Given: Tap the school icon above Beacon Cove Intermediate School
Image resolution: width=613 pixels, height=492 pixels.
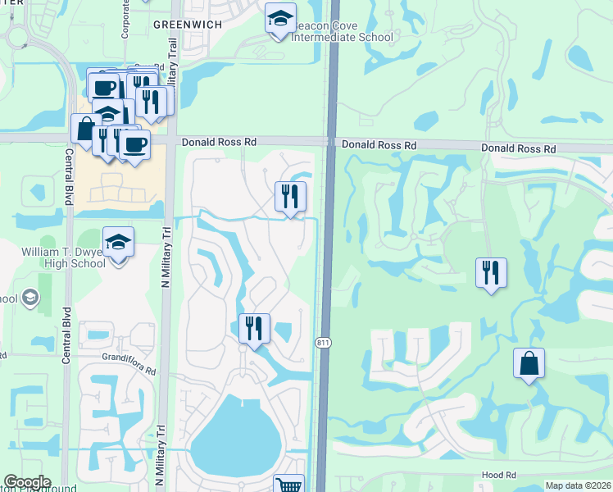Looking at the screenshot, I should [x=280, y=18].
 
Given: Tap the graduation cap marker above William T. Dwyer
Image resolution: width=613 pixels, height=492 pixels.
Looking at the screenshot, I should [x=119, y=242].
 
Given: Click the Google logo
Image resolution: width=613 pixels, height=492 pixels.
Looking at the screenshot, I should [x=27, y=482].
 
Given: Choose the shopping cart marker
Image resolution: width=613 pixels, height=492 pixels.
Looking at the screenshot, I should [x=288, y=485].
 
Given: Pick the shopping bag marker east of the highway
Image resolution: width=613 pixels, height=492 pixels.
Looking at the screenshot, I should [x=529, y=363].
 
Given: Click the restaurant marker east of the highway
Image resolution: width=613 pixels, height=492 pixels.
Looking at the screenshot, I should [x=491, y=273].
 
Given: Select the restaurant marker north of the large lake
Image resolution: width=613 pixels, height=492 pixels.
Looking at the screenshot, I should [x=254, y=330].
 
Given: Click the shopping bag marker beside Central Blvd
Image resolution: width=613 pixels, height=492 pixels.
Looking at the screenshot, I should [x=86, y=129].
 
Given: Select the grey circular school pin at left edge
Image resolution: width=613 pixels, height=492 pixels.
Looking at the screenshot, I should [x=31, y=297].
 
